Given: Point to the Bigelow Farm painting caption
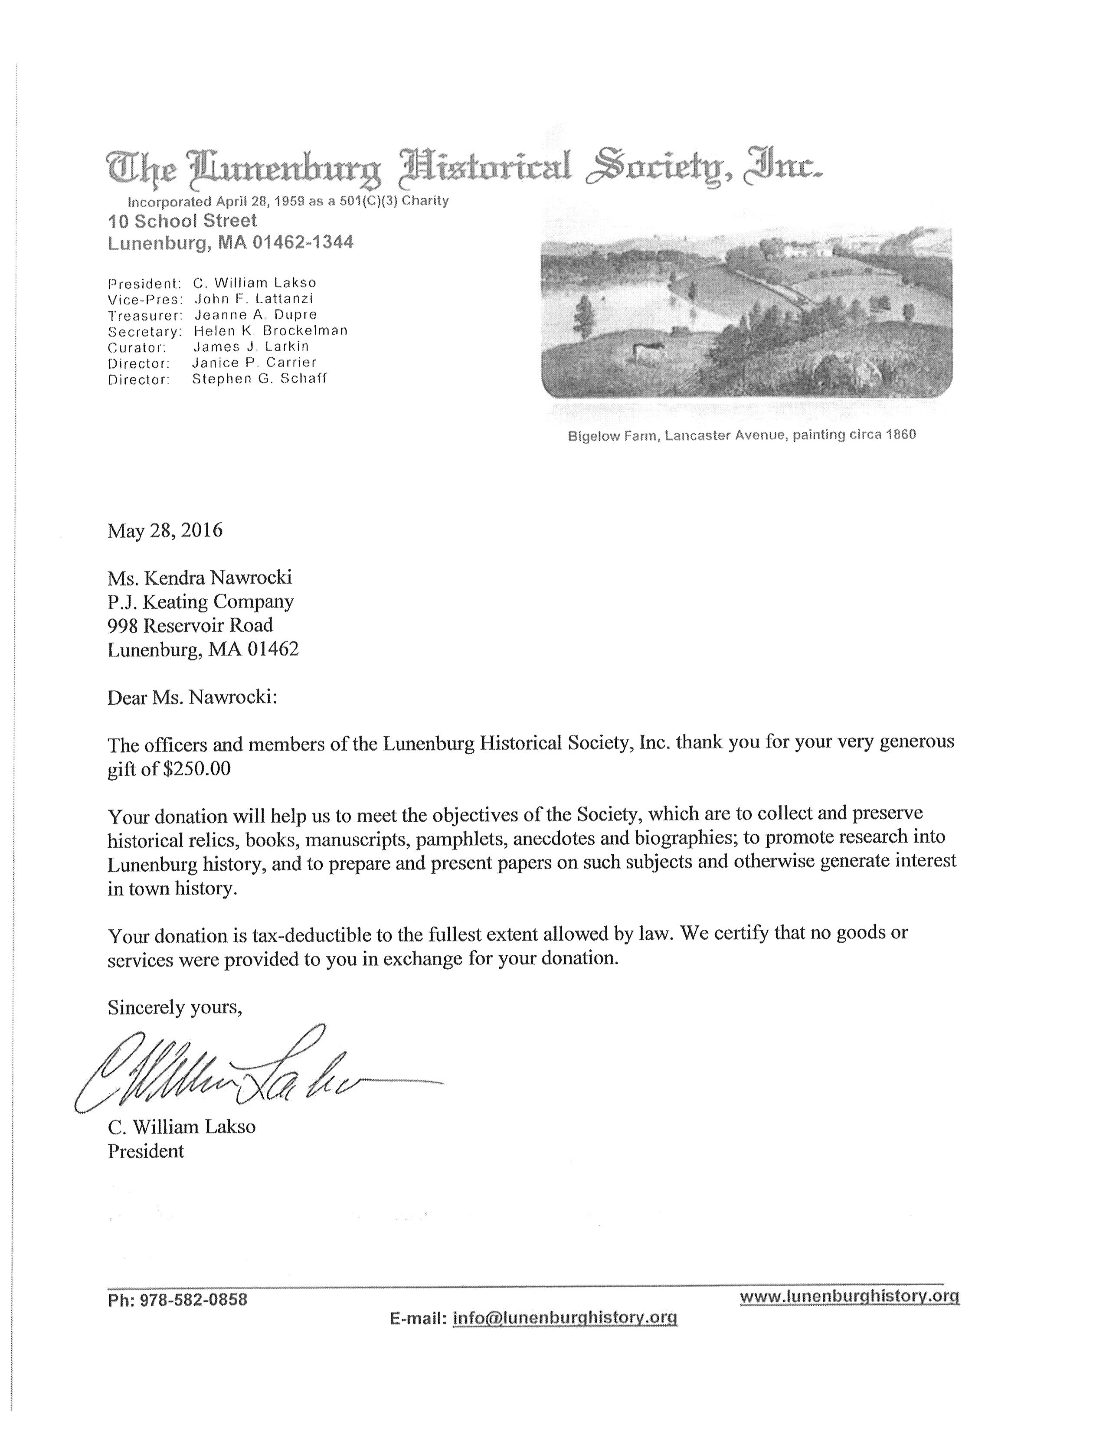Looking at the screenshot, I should point(742,435).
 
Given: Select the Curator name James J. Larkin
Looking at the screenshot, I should point(251,346).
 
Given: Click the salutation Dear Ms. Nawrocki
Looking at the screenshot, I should point(193,697).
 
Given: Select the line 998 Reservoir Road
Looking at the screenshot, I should point(190,625).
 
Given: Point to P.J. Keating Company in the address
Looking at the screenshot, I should point(200,601).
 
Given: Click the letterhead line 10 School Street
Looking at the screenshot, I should point(183,221).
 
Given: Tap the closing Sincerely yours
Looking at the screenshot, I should point(175,1007).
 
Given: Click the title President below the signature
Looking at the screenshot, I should point(145,1151).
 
